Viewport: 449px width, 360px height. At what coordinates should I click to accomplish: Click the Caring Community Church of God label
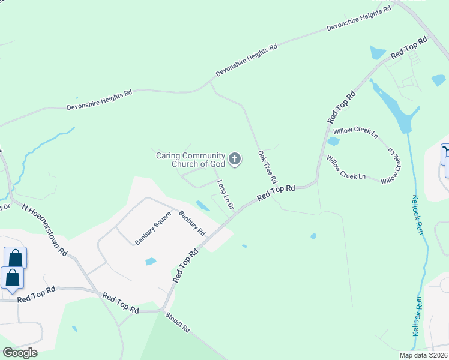(190, 160)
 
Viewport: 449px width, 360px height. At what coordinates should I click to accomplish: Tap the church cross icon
(235, 160)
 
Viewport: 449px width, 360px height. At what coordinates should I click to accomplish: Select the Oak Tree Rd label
(268, 167)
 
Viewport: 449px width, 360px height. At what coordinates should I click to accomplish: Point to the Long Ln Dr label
(225, 194)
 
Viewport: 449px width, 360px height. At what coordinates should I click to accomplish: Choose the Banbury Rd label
(192, 223)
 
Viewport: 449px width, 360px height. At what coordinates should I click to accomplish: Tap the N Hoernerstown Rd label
(45, 230)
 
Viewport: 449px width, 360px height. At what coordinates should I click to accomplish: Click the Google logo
(20, 353)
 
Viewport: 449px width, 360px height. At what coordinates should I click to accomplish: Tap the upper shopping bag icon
(15, 258)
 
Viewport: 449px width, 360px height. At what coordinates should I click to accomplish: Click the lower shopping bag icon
(12, 278)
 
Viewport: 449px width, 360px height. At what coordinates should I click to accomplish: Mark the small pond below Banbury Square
(151, 262)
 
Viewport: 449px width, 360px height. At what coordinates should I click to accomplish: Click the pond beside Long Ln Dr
(203, 206)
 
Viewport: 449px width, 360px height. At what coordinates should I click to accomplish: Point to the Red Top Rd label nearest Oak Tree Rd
(276, 193)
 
